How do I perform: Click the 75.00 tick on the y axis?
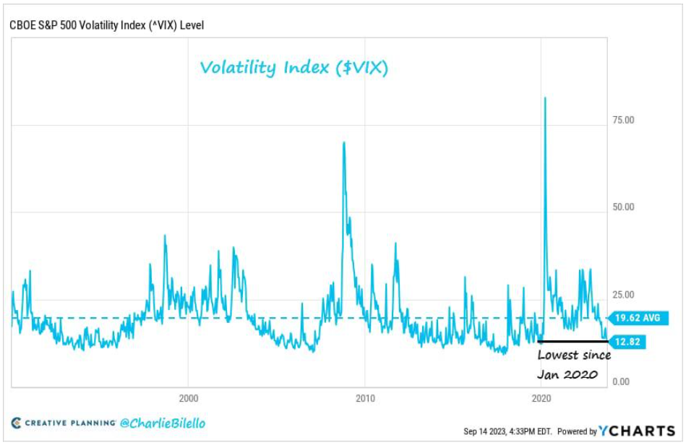coord(624,120)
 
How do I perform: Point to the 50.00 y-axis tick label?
coord(624,207)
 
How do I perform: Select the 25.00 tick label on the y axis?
coord(624,295)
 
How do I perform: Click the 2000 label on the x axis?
coord(188,397)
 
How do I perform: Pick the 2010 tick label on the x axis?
coord(365,397)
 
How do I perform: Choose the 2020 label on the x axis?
coord(541,397)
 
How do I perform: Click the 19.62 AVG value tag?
coord(638,318)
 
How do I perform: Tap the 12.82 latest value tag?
coord(627,342)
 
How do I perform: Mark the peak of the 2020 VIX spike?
coord(544,98)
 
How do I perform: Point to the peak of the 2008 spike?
coord(343,142)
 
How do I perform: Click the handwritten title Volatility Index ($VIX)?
coord(294,68)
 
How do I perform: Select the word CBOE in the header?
coord(22,25)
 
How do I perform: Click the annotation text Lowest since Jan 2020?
coord(573,364)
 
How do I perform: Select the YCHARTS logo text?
coord(636,431)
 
